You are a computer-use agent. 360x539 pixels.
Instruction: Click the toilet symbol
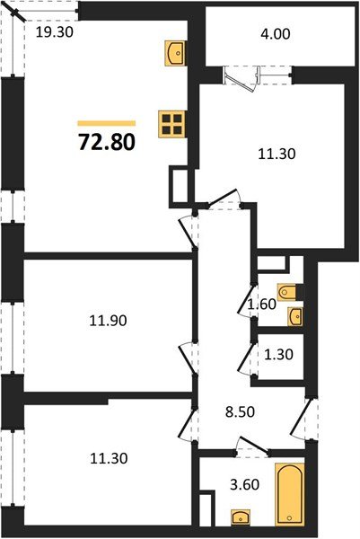[x=288, y=291]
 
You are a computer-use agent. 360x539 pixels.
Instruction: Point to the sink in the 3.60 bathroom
[x=241, y=517]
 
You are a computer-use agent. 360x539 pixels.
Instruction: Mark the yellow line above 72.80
[x=106, y=122]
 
